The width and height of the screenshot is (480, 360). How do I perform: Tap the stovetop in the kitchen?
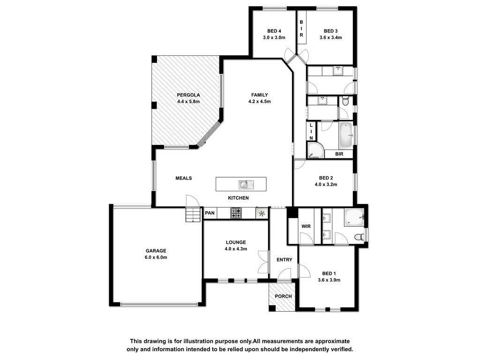click(x=236, y=213)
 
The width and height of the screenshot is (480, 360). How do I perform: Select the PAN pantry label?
click(x=210, y=213)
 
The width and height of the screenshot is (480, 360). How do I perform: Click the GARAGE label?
click(x=156, y=251)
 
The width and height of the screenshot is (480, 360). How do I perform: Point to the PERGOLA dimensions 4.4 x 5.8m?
click(x=188, y=101)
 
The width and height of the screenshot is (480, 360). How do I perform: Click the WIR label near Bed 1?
click(x=306, y=226)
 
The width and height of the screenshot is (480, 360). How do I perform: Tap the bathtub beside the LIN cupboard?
click(x=346, y=136)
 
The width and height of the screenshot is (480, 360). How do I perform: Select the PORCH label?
click(x=283, y=296)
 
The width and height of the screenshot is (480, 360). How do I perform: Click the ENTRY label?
click(x=285, y=260)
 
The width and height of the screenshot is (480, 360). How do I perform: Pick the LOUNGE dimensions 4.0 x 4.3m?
click(x=236, y=249)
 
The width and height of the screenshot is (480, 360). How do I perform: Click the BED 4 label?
click(x=274, y=31)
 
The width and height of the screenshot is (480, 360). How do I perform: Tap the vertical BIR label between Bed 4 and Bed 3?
click(x=301, y=29)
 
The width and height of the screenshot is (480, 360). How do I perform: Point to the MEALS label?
click(x=184, y=178)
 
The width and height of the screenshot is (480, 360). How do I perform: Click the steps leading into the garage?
click(x=193, y=214)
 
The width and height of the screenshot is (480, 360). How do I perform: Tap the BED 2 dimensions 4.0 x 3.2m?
click(x=326, y=185)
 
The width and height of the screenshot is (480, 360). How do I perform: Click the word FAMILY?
click(x=260, y=95)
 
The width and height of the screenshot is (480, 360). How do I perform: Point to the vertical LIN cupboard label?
click(x=311, y=132)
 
